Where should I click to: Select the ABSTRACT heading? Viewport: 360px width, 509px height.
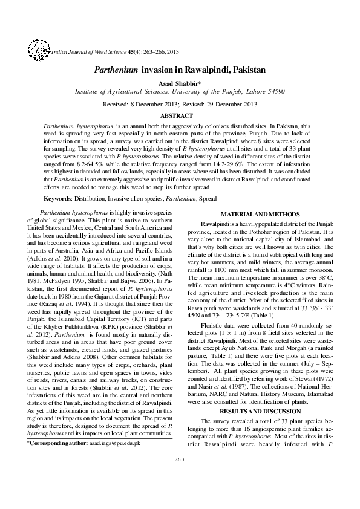(180, 115)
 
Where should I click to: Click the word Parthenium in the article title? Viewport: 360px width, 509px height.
(116, 70)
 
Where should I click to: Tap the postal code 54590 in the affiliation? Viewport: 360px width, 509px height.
(272, 92)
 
